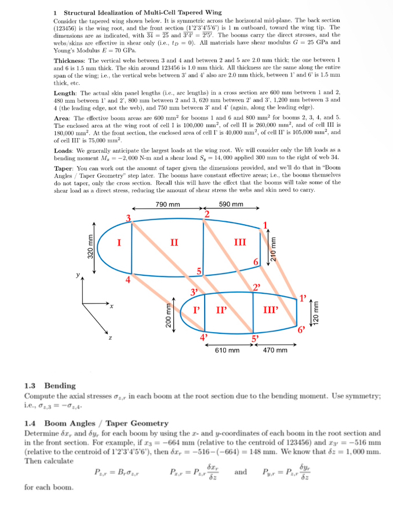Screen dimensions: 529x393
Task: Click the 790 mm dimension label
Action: [x=168, y=204]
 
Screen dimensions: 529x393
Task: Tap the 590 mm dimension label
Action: [x=231, y=204]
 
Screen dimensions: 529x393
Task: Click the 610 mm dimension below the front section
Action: [x=227, y=350]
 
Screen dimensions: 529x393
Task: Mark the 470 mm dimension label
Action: [x=275, y=350]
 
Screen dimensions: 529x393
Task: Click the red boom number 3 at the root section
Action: [x=130, y=218]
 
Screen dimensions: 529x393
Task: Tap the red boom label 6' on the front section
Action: [x=301, y=330]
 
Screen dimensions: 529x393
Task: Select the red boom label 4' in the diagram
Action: [x=203, y=336]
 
